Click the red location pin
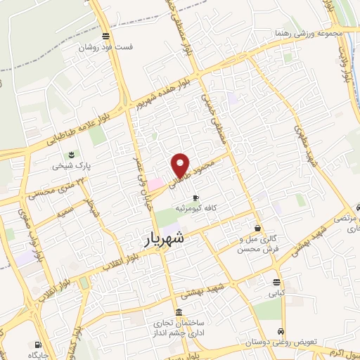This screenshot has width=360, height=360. pyautogui.click(x=181, y=165)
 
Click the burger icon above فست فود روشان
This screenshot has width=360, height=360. pyautogui.click(x=105, y=37)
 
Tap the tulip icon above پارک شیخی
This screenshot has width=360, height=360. pyautogui.click(x=70, y=155)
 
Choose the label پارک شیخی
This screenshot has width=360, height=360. pyautogui.click(x=70, y=166)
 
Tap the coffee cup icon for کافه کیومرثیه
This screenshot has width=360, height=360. pyautogui.click(x=195, y=198)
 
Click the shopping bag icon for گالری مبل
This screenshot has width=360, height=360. pyautogui.click(x=258, y=228)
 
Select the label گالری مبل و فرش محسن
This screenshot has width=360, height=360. pyautogui.click(x=258, y=244)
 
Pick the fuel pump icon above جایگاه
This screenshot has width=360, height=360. pyautogui.click(x=38, y=344)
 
